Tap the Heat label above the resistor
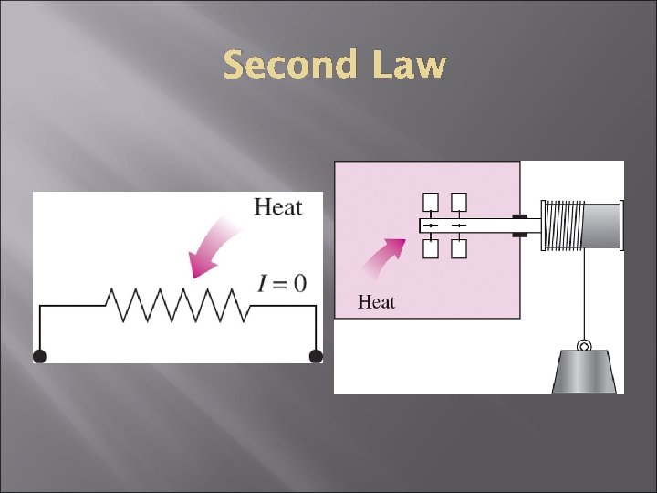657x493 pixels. point(277,207)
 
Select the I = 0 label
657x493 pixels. point(281,283)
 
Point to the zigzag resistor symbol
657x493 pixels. point(178,305)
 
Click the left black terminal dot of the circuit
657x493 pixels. point(40,355)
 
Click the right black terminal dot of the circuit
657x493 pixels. point(316,355)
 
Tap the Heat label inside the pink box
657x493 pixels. point(376,301)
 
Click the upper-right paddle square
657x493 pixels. point(459,202)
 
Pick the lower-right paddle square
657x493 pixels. point(459,247)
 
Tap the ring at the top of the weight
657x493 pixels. point(584,346)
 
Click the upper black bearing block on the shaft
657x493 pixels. point(519,216)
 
